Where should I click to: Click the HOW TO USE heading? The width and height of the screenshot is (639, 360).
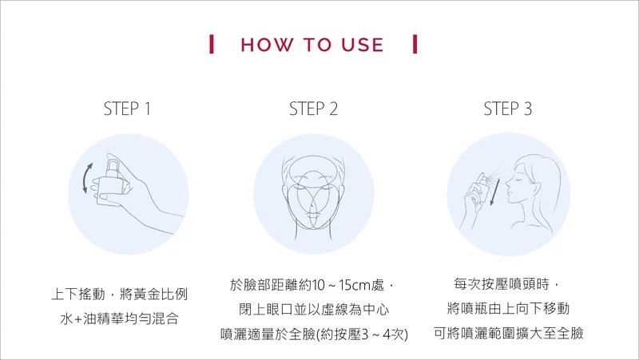point(312,45)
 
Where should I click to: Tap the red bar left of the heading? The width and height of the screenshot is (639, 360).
point(211,44)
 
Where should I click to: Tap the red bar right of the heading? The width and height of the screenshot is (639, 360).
point(415,44)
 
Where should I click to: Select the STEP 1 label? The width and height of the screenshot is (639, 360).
point(127,109)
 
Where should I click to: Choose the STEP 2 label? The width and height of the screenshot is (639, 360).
point(313,109)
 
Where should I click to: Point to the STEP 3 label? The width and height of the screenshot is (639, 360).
point(508,109)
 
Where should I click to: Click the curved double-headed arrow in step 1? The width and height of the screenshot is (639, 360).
point(86,178)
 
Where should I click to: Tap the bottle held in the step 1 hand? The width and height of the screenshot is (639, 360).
point(111,184)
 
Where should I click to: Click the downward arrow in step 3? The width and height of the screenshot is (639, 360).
point(494,192)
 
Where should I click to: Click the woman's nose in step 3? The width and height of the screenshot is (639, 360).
point(508,188)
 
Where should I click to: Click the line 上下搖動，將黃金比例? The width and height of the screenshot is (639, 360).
point(119,294)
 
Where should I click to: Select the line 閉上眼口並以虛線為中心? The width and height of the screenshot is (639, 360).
point(314,310)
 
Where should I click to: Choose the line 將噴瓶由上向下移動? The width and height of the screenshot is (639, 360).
point(508,308)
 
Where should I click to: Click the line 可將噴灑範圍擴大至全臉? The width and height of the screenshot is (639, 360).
point(508,333)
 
